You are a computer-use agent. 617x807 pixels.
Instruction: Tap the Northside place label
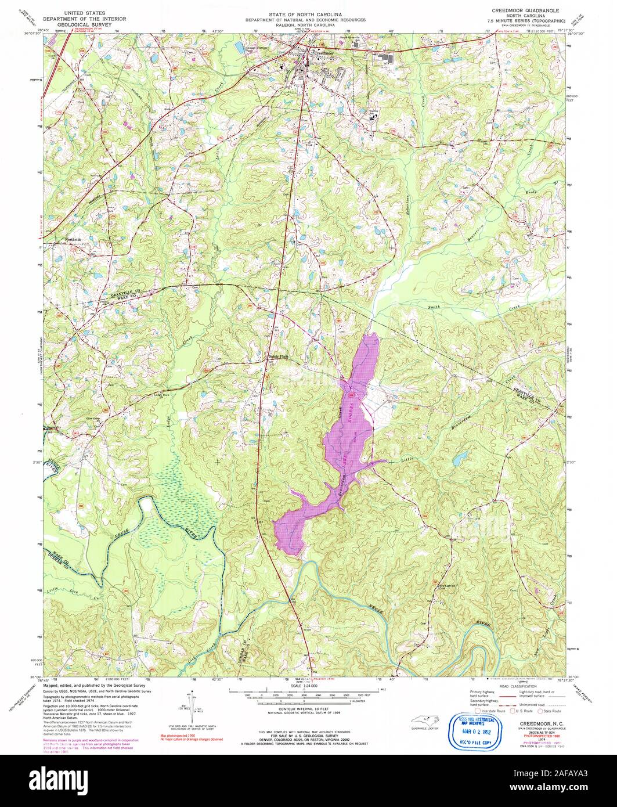[x=74, y=239]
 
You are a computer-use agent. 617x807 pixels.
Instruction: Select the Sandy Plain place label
[x=277, y=356]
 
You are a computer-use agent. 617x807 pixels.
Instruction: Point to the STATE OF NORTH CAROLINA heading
[x=305, y=13]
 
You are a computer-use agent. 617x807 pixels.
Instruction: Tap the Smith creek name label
[x=434, y=307]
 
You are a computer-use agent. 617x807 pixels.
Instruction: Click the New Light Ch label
[x=443, y=586]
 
